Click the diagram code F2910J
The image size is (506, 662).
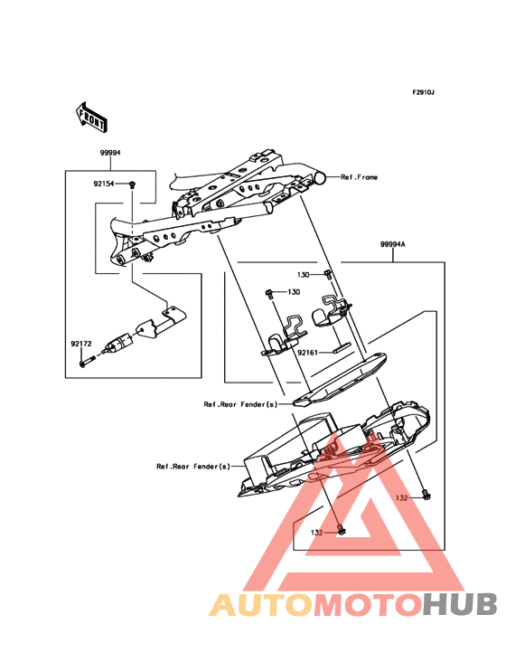[x=424, y=93]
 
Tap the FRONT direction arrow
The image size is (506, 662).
[x=91, y=116]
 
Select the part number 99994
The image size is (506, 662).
[x=110, y=155]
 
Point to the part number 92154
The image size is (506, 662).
[x=105, y=184]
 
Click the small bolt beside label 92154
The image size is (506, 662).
[x=132, y=184]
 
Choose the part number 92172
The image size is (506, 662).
[x=83, y=345]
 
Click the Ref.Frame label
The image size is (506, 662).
[x=359, y=178]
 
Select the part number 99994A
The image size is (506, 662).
[x=393, y=244]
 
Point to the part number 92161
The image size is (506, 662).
[x=311, y=355]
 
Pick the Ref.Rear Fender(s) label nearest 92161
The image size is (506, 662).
[x=240, y=405]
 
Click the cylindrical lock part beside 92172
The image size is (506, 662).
[x=118, y=344]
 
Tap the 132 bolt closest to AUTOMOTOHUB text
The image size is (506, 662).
[x=340, y=530]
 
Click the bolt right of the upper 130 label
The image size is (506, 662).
[x=327, y=273]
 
